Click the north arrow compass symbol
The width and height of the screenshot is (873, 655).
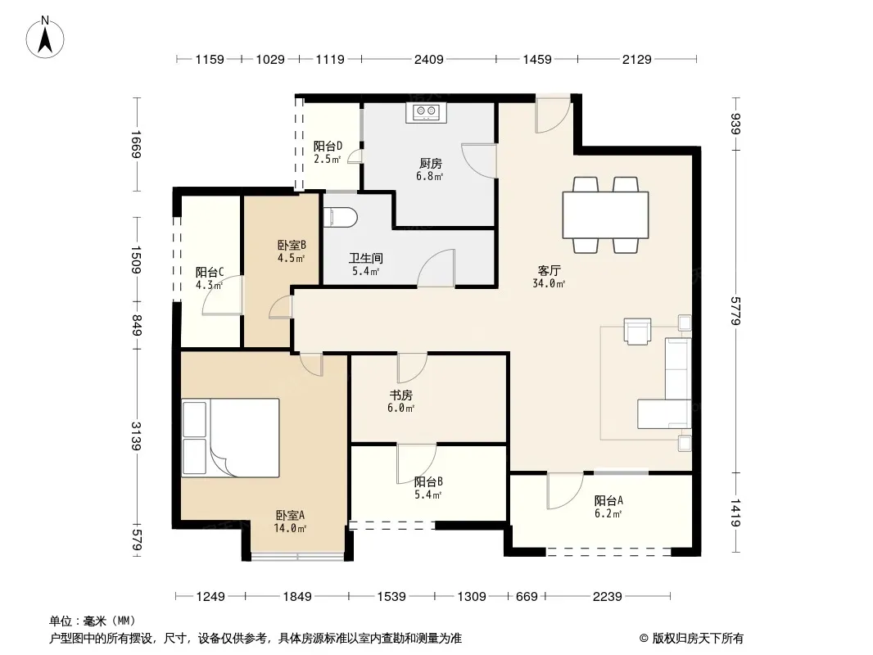[45, 38]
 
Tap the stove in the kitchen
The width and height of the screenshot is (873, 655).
[427, 112]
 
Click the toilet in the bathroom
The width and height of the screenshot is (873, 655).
[339, 218]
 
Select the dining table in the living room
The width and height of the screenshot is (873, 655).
[605, 215]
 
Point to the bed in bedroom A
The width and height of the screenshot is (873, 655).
[230, 437]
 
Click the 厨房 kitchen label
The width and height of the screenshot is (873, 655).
[431, 163]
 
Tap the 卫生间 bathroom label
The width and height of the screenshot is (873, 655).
[366, 258]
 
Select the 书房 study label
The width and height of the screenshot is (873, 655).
[400, 395]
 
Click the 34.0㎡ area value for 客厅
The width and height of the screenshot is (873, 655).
[549, 283]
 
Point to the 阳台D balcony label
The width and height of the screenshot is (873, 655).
[328, 146]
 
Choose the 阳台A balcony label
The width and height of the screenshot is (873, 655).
[608, 501]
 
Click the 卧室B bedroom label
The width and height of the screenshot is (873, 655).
[292, 245]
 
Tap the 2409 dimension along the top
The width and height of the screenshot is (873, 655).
[428, 59]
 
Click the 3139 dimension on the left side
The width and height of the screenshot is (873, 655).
[137, 436]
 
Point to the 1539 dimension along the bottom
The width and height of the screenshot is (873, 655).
[391, 597]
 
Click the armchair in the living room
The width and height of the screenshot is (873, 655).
[637, 331]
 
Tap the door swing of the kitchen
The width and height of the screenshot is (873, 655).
[479, 160]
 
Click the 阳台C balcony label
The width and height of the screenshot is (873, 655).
[210, 272]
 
